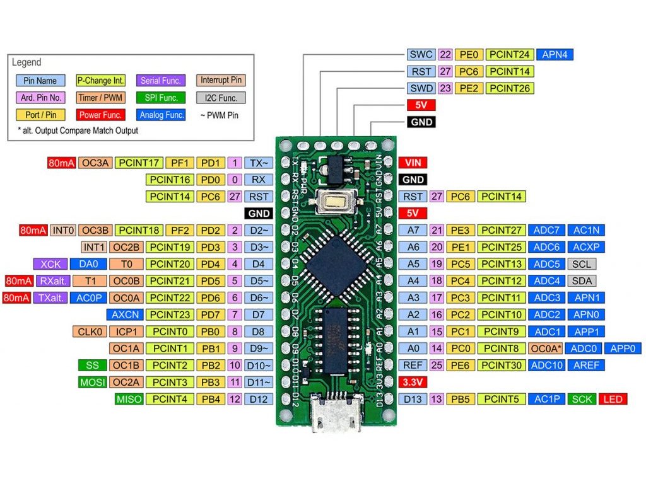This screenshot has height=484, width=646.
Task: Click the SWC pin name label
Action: click(x=421, y=55)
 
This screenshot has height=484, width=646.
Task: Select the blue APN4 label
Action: click(x=555, y=55)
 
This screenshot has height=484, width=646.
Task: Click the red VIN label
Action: click(x=413, y=163)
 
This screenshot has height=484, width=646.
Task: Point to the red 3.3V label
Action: click(x=413, y=382)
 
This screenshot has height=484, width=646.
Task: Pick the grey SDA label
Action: click(x=580, y=281)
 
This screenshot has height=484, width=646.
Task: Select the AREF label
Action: click(x=584, y=365)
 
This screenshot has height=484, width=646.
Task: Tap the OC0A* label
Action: click(x=545, y=348)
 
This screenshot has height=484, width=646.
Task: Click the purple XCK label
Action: click(x=50, y=264)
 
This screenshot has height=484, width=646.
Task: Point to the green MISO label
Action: click(x=129, y=399)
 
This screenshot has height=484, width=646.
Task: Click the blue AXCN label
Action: click(x=125, y=314)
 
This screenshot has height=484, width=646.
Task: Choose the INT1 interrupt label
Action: click(x=93, y=247)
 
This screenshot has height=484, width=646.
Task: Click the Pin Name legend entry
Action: click(x=40, y=81)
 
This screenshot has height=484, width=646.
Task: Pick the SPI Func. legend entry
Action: click(x=161, y=98)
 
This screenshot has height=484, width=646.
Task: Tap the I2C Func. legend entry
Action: click(x=220, y=98)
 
